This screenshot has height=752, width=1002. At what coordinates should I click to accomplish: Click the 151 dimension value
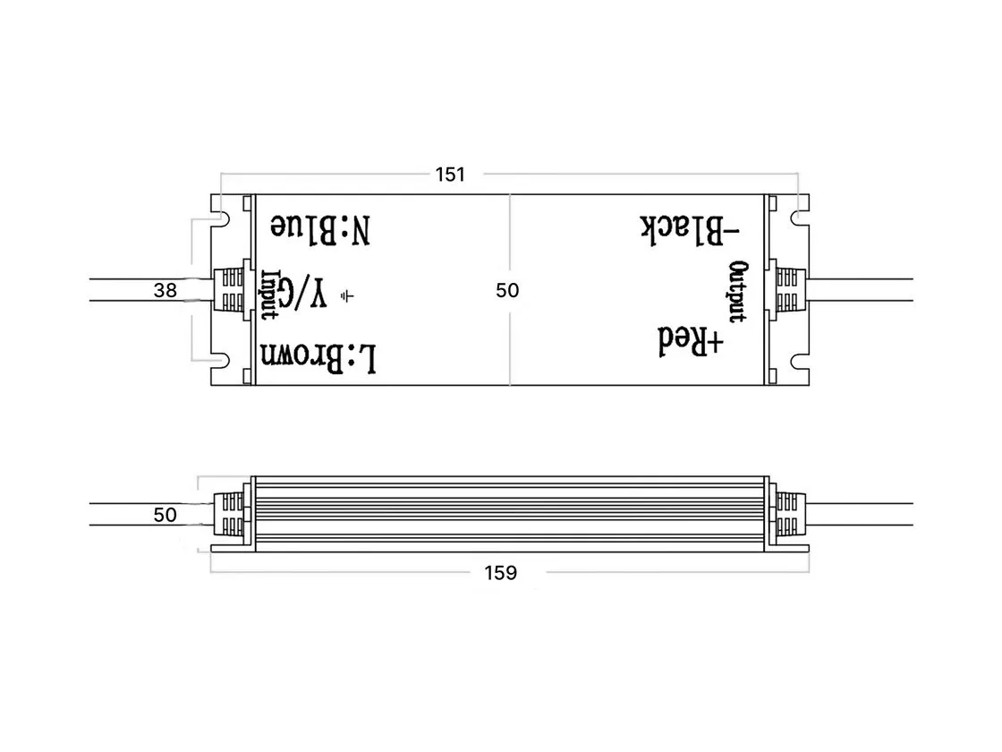point(450,174)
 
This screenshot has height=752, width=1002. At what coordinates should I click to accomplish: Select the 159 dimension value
point(500,572)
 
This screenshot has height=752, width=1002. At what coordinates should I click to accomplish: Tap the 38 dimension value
point(165,290)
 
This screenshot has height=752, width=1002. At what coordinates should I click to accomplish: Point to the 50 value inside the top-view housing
point(507,290)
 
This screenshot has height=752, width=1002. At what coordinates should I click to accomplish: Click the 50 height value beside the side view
point(165,515)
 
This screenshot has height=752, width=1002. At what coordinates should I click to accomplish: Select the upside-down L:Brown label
point(318,357)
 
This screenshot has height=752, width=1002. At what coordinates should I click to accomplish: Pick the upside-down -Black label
point(690,230)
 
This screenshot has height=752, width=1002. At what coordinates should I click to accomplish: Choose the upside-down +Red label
point(691,341)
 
